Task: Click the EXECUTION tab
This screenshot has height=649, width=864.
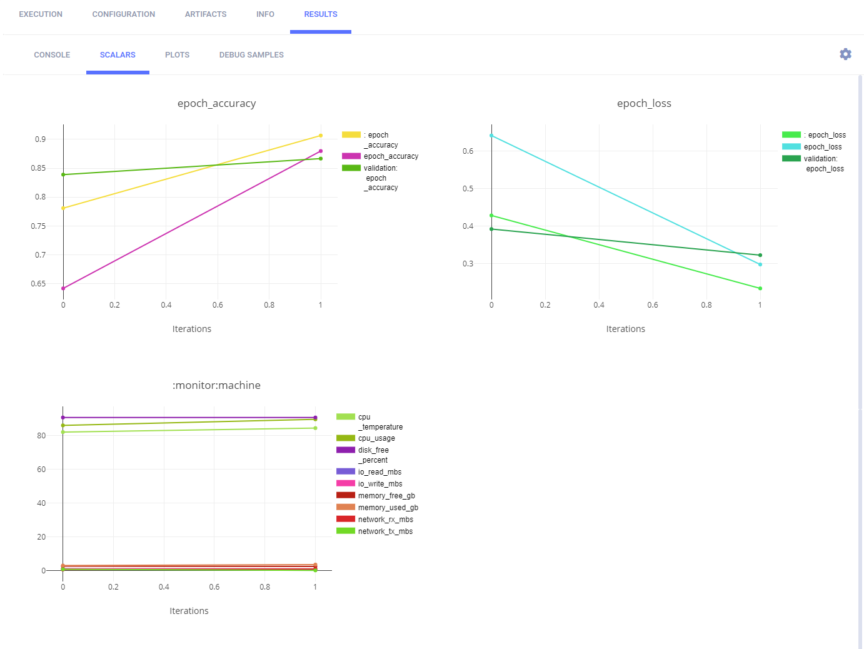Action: (x=41, y=14)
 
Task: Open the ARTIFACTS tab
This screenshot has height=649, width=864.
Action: (x=206, y=14)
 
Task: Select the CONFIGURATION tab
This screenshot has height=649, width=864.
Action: (x=124, y=14)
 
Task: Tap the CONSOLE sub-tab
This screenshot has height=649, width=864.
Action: (x=52, y=55)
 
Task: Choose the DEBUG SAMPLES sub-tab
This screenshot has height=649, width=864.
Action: (x=251, y=55)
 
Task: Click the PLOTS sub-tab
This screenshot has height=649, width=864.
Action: (x=177, y=55)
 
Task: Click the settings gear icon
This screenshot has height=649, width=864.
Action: (x=845, y=54)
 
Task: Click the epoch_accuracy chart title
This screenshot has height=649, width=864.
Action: (x=216, y=104)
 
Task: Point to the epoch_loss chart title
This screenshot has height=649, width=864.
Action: (x=644, y=104)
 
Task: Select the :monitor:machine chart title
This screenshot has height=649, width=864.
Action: (x=216, y=386)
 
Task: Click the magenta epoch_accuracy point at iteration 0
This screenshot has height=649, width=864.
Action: (x=63, y=288)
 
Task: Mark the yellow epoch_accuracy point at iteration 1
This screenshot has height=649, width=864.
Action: (x=321, y=136)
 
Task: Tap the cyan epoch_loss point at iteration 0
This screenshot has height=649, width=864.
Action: (x=491, y=136)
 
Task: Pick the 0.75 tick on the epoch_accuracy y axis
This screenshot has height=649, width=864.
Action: (x=38, y=226)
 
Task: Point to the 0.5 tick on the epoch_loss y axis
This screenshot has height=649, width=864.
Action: (x=468, y=189)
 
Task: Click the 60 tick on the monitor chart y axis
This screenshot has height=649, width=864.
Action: (x=41, y=470)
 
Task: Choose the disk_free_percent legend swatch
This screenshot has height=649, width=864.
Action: (x=346, y=450)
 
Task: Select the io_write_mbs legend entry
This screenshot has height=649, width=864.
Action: (x=380, y=484)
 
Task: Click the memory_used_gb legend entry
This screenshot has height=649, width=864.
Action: (x=388, y=508)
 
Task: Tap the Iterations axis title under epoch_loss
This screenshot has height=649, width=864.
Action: (x=625, y=330)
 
